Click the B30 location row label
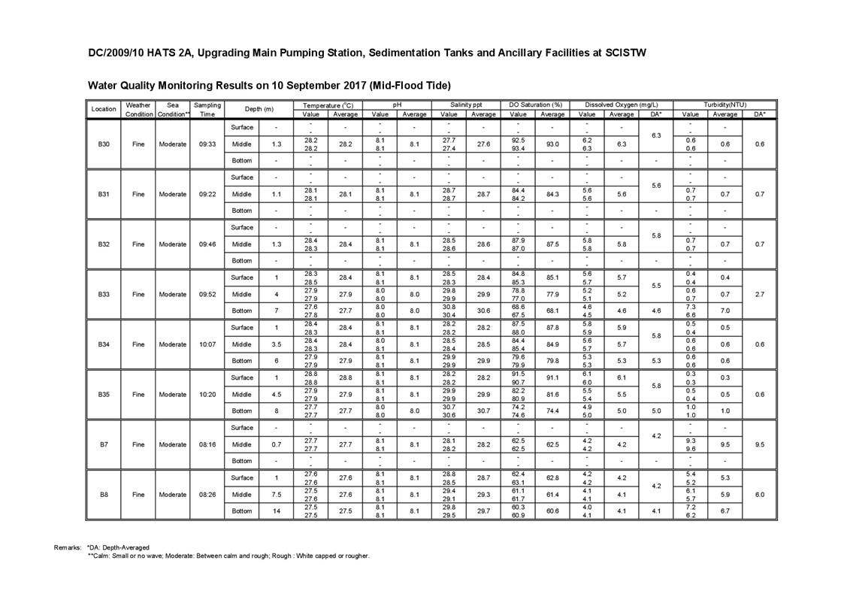point(104,144)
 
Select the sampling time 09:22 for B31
point(207,194)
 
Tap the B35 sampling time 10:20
point(207,394)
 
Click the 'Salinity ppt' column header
point(466,105)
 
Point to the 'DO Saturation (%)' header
point(535,105)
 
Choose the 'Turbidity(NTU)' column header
point(725,105)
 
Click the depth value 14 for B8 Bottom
point(277,511)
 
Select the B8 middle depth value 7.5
point(277,494)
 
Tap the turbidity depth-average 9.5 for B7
point(759,444)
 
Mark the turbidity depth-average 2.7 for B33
point(759,294)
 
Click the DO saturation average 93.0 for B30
point(552,144)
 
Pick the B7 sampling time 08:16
point(207,444)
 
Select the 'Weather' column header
point(138,105)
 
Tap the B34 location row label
point(104,344)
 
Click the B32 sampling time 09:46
point(207,244)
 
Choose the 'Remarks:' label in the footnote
point(68,547)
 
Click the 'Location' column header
point(104,109)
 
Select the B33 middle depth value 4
point(277,294)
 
